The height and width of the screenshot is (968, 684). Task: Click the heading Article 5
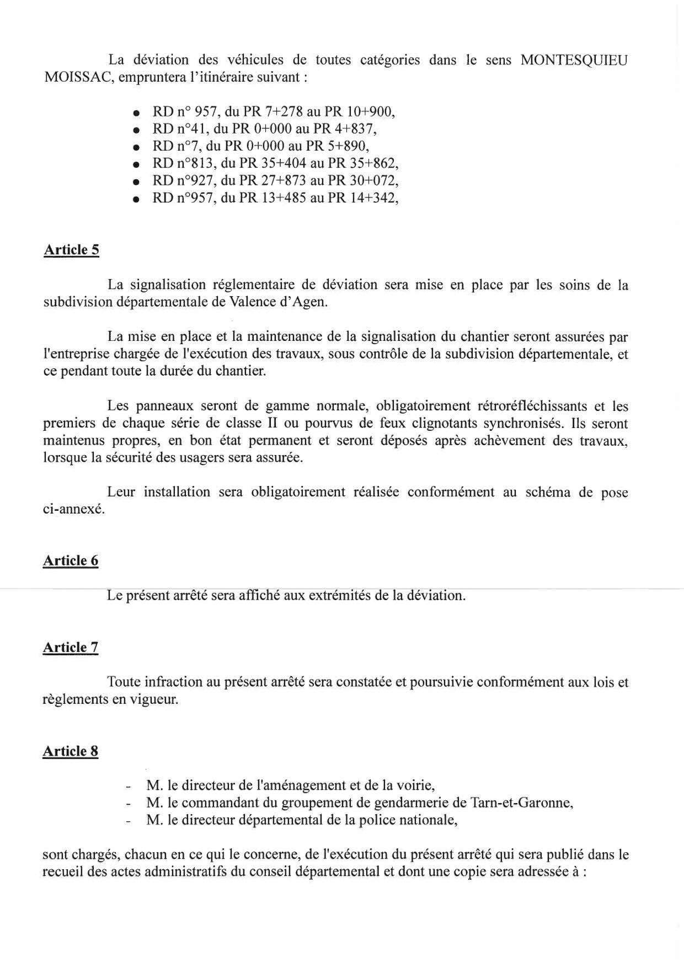click(71, 250)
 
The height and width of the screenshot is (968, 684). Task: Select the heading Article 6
click(71, 560)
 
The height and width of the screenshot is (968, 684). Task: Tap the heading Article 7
click(71, 647)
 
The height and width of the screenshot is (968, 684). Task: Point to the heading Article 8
click(71, 751)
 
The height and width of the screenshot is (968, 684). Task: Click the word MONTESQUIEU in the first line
click(574, 60)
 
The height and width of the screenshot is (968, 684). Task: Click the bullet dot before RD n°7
click(135, 147)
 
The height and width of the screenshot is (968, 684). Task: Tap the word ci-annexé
click(73, 510)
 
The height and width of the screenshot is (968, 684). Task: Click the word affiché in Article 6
click(258, 596)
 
